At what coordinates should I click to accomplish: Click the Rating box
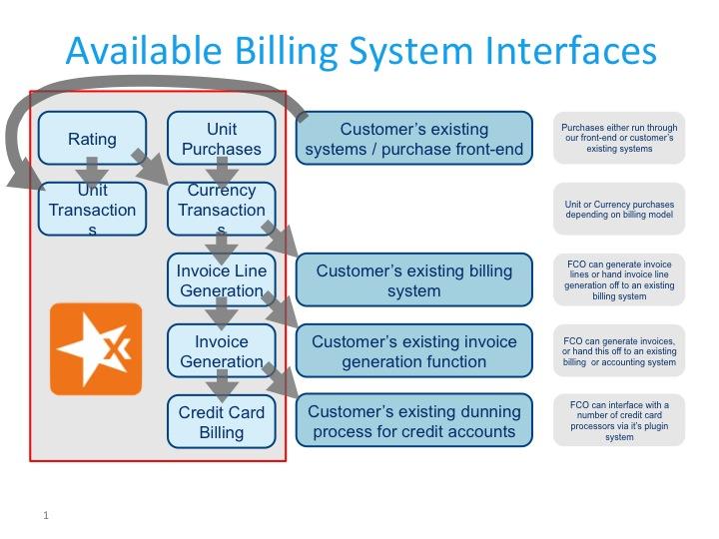pyautogui.click(x=92, y=138)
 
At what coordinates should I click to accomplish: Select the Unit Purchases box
pyautogui.click(x=221, y=138)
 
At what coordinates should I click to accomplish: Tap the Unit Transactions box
pyautogui.click(x=92, y=210)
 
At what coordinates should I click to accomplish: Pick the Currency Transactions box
pyautogui.click(x=221, y=210)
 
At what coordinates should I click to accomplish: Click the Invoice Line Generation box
pyautogui.click(x=221, y=280)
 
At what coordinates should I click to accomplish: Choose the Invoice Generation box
pyautogui.click(x=221, y=350)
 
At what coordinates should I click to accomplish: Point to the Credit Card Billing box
pyautogui.click(x=221, y=421)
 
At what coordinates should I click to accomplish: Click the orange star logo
pyautogui.click(x=96, y=349)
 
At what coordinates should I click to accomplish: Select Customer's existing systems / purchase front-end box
pyautogui.click(x=413, y=139)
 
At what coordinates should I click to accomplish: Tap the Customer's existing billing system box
pyautogui.click(x=413, y=280)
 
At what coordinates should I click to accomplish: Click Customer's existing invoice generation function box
pyautogui.click(x=413, y=350)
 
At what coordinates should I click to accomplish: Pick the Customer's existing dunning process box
pyautogui.click(x=413, y=421)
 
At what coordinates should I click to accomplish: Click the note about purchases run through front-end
pyautogui.click(x=619, y=138)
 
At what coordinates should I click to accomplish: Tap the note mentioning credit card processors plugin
pyautogui.click(x=619, y=421)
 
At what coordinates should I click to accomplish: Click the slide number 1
pyautogui.click(x=46, y=515)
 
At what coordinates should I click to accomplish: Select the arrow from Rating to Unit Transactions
pyautogui.click(x=92, y=173)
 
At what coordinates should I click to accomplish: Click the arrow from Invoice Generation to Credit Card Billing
pyautogui.click(x=221, y=385)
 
